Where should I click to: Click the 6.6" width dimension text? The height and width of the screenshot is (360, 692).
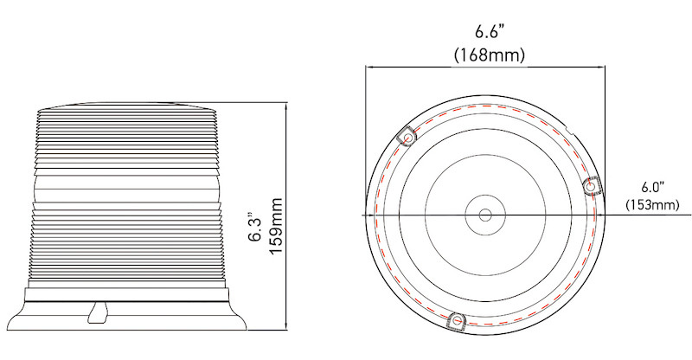click(490, 33)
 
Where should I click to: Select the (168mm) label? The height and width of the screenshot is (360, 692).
click(490, 55)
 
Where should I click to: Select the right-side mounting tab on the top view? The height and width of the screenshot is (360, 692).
click(593, 185)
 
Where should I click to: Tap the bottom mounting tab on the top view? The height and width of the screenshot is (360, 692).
click(456, 321)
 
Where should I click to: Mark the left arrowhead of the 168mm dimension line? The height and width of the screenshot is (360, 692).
click(369, 66)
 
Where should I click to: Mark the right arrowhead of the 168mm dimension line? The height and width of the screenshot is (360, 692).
click(599, 66)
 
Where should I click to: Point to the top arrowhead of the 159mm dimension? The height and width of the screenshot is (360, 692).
click(286, 104)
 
